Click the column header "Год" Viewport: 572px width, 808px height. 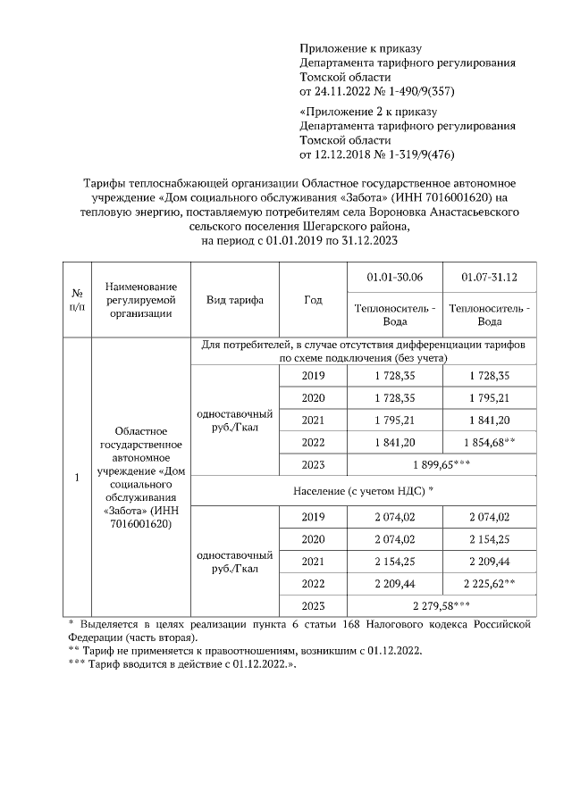tap(312, 300)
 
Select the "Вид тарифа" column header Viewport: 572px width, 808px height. tap(234, 300)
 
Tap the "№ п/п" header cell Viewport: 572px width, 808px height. tap(77, 300)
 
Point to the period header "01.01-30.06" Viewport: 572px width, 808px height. tap(394, 278)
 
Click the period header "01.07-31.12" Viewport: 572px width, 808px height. tap(489, 278)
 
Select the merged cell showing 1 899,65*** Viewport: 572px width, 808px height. tap(442, 465)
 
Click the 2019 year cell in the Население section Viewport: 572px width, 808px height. tap(313, 517)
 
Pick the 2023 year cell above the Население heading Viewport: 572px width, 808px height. tap(313, 465)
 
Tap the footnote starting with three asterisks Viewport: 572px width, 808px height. tap(182, 665)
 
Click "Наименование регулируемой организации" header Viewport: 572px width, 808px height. tap(140, 300)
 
